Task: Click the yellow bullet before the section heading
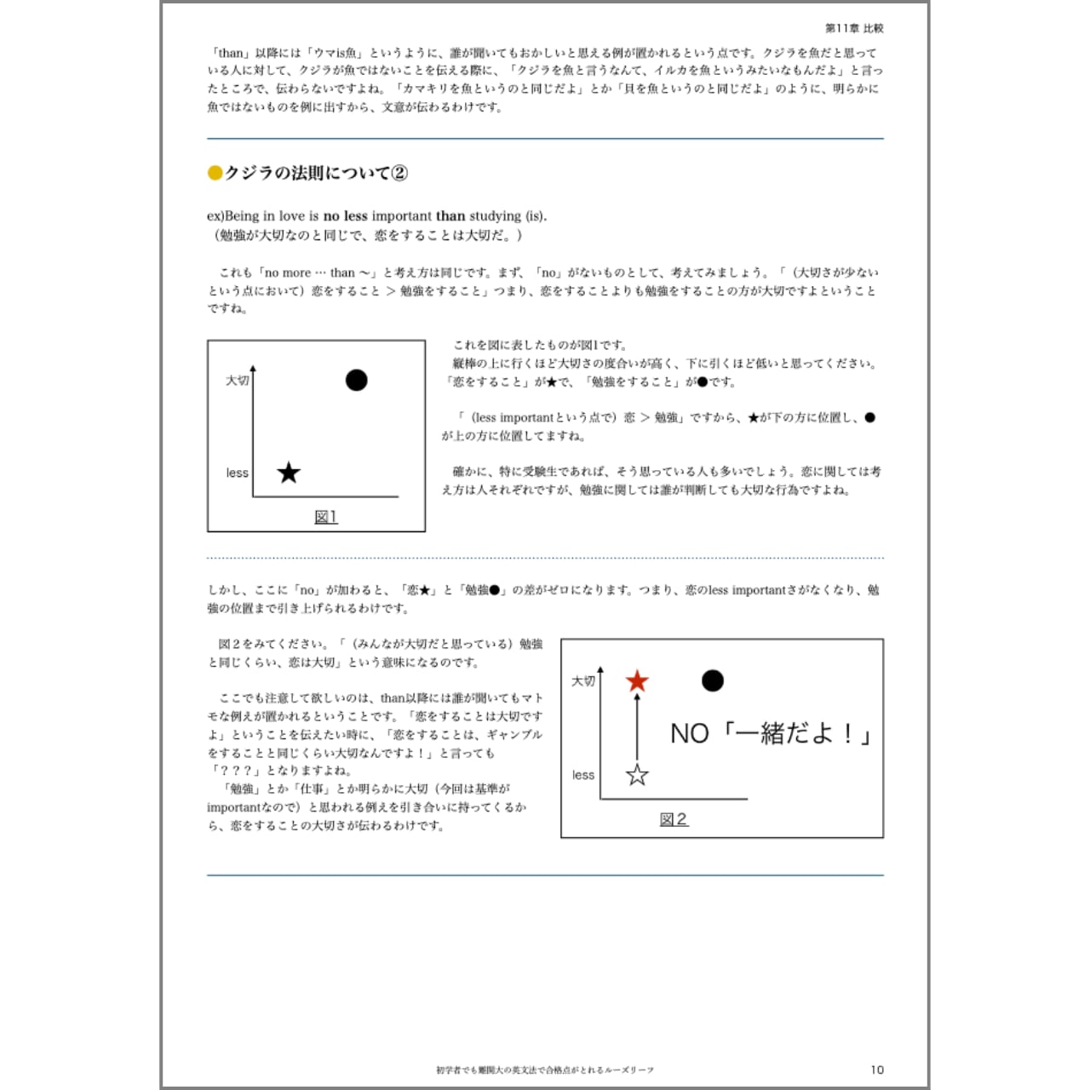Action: pos(215,173)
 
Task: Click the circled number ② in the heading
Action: pos(399,173)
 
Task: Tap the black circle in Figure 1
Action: pos(356,380)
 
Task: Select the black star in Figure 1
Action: pos(289,473)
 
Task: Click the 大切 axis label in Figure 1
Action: pos(237,380)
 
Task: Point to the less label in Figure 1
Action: pos(237,473)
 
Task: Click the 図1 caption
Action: pos(325,517)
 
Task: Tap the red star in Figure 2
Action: pos(637,681)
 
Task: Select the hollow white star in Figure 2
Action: pos(637,775)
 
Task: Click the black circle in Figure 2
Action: pos(712,680)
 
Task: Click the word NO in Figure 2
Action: pos(689,733)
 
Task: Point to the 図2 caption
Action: pos(673,819)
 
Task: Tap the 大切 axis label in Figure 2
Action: pos(583,681)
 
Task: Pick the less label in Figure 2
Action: pos(583,775)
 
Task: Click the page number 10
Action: pos(877,1070)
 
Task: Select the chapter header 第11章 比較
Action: pos(854,28)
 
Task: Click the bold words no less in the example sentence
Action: pos(345,216)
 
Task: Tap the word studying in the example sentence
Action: pos(489,216)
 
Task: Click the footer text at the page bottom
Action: pos(545,1070)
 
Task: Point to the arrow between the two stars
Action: pos(637,728)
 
